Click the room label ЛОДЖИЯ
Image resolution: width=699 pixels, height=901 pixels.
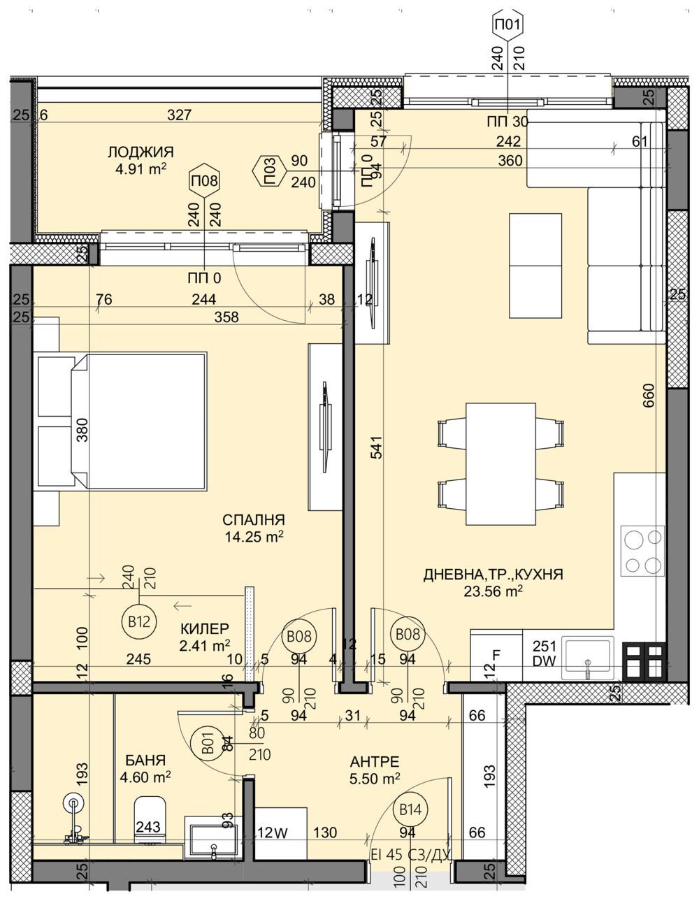point(140,152)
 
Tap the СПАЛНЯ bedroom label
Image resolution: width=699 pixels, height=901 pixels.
point(253,519)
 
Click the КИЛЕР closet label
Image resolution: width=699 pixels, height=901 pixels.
point(204,628)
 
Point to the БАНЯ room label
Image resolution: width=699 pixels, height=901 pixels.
point(145,760)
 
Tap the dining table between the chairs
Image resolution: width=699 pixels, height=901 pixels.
point(500,463)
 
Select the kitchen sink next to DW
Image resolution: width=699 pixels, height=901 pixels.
point(589,657)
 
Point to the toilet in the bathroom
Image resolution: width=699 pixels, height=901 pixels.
point(149,819)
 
